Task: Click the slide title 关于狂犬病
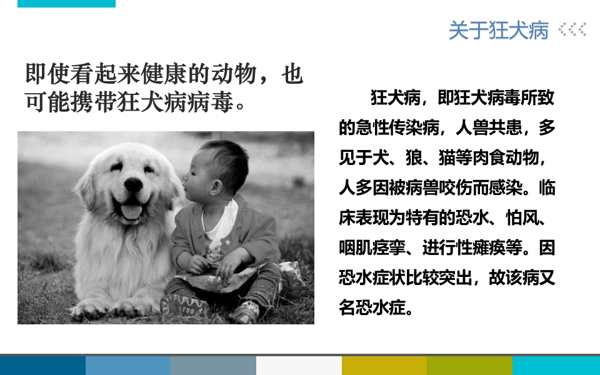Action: coord(498,30)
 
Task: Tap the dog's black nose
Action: coord(132,185)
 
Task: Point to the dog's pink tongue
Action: coord(131,211)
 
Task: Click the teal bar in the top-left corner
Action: coord(66,3)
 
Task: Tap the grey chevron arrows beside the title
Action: coord(572,29)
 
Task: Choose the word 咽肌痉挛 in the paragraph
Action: coord(369,247)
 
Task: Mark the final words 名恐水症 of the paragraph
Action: coord(369,308)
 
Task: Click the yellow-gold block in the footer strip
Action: coord(384,366)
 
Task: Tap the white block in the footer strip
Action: coord(299,366)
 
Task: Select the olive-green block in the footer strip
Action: coord(469,366)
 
